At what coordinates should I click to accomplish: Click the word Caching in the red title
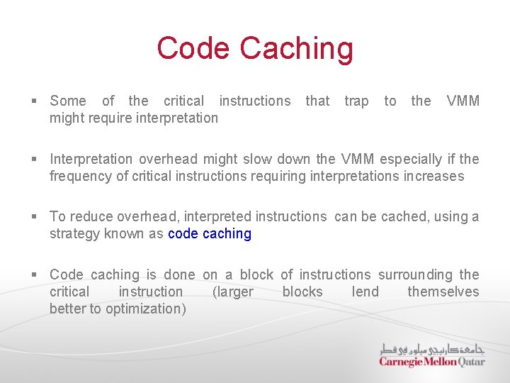296,48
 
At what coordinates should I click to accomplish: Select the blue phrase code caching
210,233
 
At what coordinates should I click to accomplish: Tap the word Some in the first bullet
68,101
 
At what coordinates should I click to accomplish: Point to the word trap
356,101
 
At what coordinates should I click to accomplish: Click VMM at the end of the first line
463,101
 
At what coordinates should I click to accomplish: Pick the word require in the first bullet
107,118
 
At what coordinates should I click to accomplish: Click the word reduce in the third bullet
88,216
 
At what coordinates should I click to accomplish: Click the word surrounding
415,274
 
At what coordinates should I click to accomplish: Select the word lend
365,292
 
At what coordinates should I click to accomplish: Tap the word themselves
443,292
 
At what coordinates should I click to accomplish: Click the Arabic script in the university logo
432,349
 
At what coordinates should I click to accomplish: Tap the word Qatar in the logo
472,362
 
